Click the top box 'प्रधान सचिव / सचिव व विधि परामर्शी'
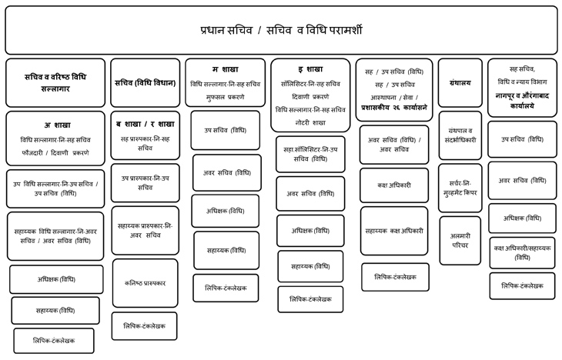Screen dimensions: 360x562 pyautogui.click(x=280, y=31)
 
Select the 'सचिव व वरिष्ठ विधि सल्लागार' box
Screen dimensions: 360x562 pyautogui.click(x=55, y=82)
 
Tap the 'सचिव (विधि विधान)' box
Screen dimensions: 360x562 pyautogui.click(x=145, y=82)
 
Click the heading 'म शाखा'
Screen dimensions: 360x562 pyautogui.click(x=225, y=69)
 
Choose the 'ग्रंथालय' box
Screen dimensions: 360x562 pyautogui.click(x=460, y=82)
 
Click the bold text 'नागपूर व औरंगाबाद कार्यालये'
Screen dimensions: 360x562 pyautogui.click(x=527, y=101)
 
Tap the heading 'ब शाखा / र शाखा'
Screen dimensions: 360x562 pyautogui.click(x=145, y=123)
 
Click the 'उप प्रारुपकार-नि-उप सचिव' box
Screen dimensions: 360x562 pyautogui.click(x=145, y=182)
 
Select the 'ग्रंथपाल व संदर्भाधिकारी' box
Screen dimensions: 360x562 pyautogui.click(x=460, y=135)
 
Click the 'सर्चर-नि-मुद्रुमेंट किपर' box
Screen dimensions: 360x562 pyautogui.click(x=460, y=188)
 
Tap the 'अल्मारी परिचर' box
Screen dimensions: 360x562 pyautogui.click(x=460, y=240)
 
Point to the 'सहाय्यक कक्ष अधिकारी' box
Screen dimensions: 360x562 pyautogui.click(x=393, y=230)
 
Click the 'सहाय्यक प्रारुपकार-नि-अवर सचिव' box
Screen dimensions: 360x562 pyautogui.click(x=145, y=230)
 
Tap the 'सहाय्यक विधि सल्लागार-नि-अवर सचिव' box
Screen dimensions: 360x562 pyautogui.click(x=55, y=235)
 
